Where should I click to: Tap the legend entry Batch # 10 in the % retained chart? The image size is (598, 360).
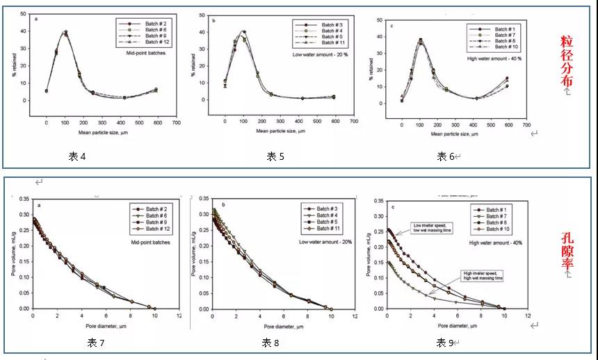tap(506, 47)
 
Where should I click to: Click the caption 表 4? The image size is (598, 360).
tap(77, 157)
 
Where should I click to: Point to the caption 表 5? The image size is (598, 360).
tap(275, 157)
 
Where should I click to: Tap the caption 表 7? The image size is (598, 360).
tap(95, 342)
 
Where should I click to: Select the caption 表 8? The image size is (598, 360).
tap(270, 342)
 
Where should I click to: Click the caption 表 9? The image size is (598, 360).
tap(446, 342)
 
